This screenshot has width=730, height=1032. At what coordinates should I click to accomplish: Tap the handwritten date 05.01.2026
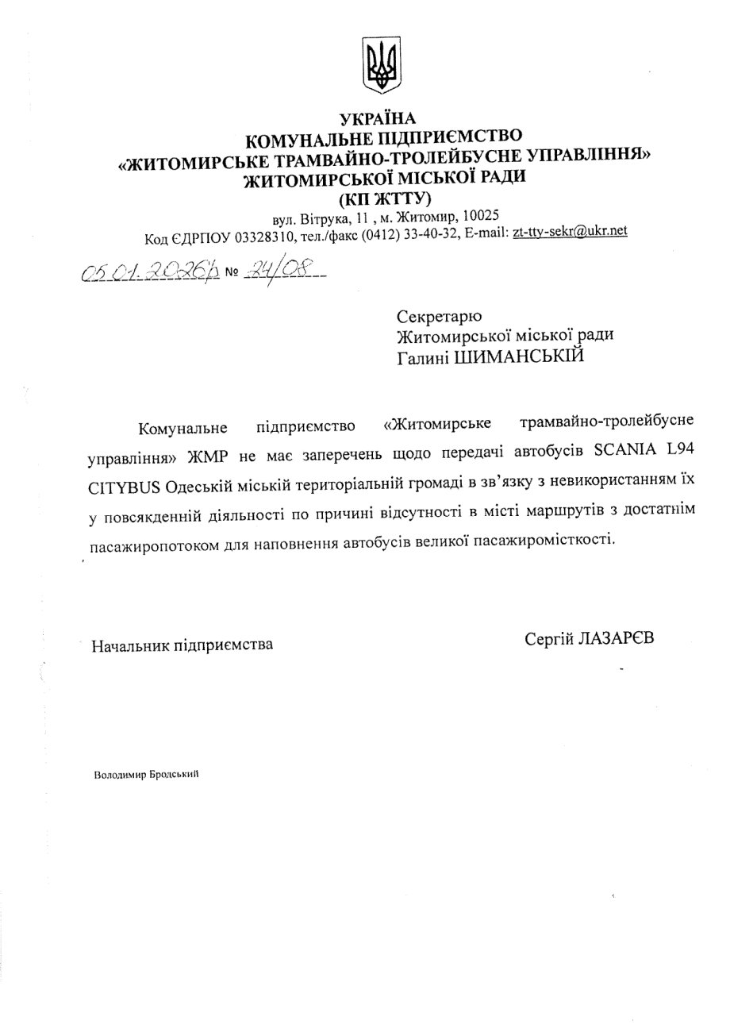148,273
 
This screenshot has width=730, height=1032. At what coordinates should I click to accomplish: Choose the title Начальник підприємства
182,644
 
